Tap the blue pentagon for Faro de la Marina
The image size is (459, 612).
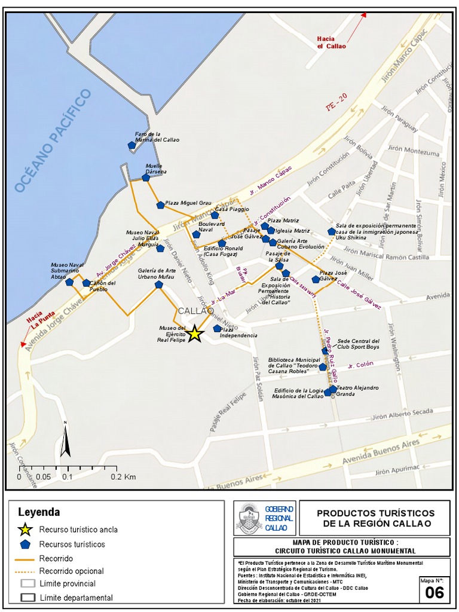(132, 145)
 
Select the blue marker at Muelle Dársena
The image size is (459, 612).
(146, 178)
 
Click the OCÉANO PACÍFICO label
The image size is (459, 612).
(53, 141)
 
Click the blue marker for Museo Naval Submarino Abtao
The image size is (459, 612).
(69, 281)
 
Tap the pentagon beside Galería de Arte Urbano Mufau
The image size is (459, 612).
(158, 284)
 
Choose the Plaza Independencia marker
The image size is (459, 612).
(217, 328)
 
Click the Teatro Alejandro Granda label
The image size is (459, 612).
(357, 391)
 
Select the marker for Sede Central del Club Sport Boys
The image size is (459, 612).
(326, 351)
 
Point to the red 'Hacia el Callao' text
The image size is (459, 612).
(331, 42)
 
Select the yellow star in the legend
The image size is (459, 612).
(25, 530)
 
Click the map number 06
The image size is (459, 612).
(434, 592)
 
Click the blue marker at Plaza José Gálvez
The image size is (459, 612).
(316, 279)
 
